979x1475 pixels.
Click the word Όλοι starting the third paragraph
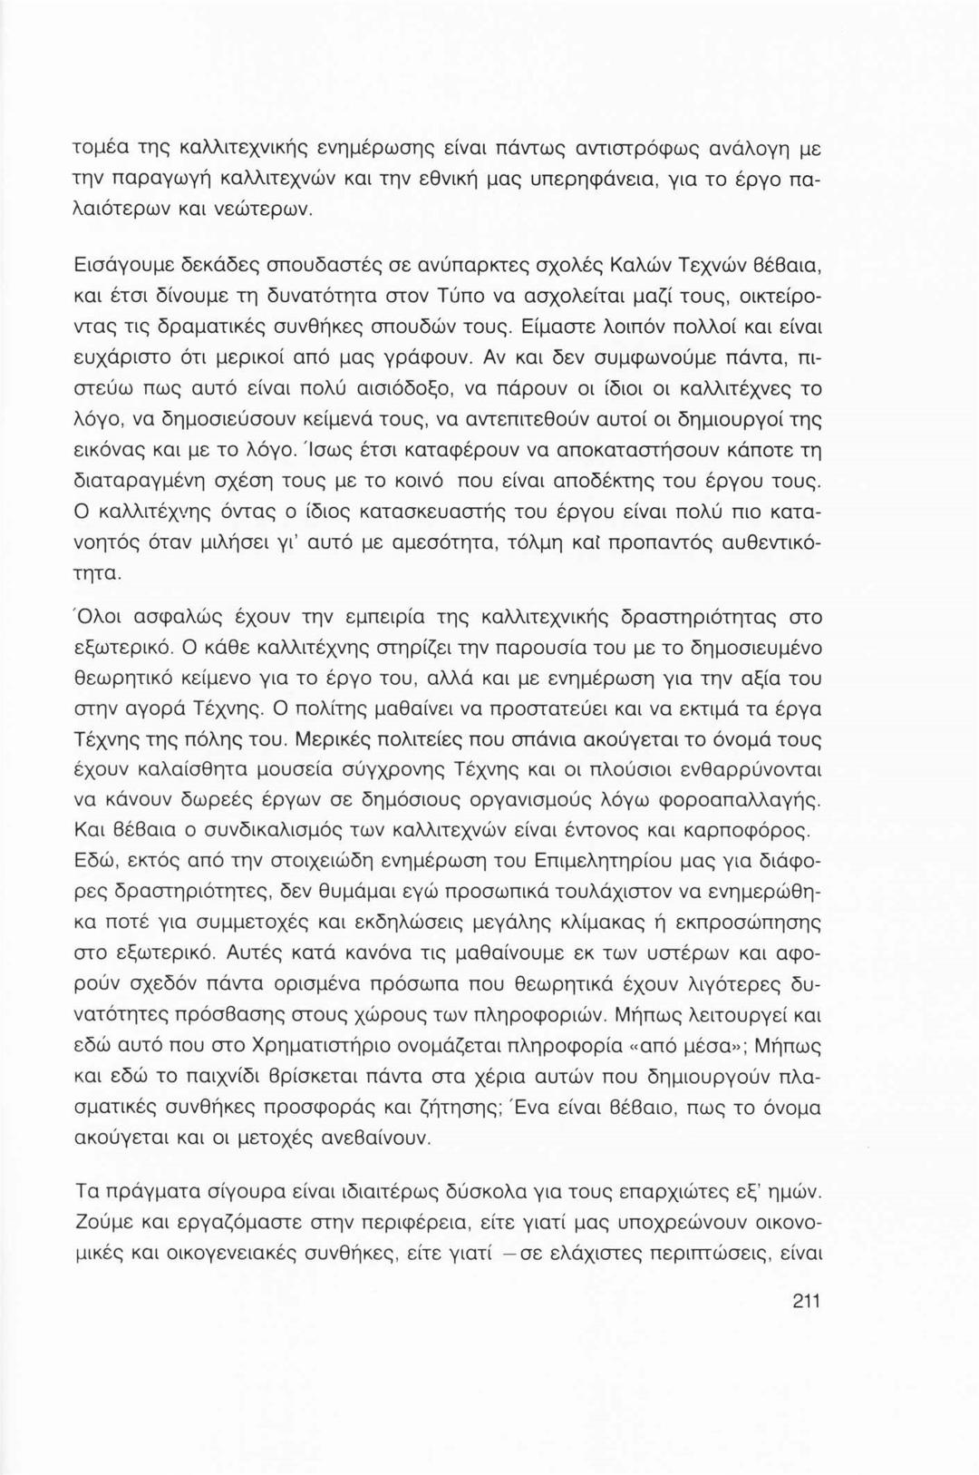click(x=101, y=618)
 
